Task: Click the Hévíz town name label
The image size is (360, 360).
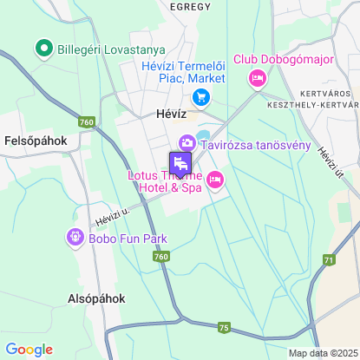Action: pos(160,113)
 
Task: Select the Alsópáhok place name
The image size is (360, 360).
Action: pos(96,298)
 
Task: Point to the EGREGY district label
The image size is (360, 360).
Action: pos(190,6)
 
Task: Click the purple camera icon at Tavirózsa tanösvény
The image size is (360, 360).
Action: pos(187,143)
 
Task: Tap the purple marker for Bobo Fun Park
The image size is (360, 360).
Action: pos(75,236)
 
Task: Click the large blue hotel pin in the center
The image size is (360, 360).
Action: pos(180,162)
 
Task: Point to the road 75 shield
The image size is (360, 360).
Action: pos(225,327)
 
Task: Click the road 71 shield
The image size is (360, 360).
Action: pos(328,260)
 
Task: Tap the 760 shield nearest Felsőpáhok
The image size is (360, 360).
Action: pos(85,122)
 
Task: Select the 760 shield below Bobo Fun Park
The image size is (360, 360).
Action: pos(160,257)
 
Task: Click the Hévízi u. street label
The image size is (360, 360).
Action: pos(113,213)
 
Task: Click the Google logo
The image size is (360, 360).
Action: pos(29,350)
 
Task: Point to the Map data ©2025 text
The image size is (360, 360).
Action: pos(322,353)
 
